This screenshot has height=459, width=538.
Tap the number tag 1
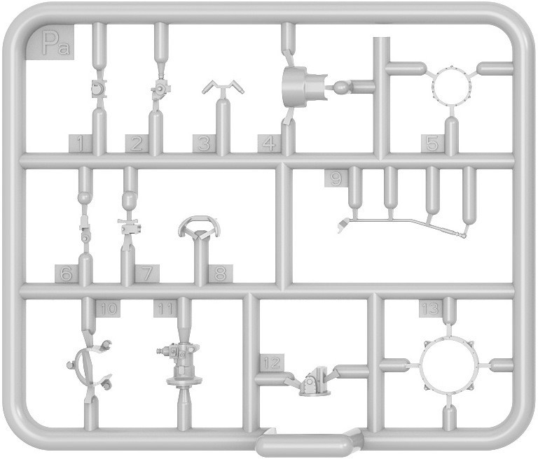point(81,143)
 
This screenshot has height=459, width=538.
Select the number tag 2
point(137,143)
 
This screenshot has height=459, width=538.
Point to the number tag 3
point(204,143)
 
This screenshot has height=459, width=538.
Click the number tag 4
point(270,143)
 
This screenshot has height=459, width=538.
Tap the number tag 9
point(336,178)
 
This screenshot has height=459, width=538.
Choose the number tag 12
point(272,362)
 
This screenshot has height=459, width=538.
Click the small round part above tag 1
point(99,88)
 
